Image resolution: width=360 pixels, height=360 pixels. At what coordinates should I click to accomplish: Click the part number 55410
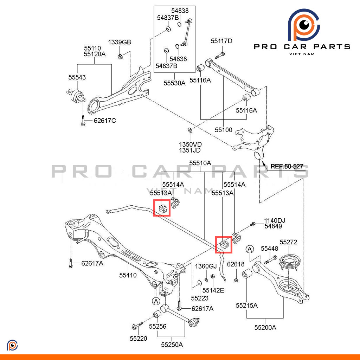[x=128, y=275]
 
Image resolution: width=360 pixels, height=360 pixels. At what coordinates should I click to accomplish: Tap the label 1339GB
[x=119, y=42]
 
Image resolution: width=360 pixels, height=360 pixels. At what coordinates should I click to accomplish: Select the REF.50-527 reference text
[x=287, y=166]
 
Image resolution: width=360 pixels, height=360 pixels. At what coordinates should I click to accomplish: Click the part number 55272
[x=288, y=242]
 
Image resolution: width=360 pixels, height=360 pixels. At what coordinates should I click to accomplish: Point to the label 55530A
[x=174, y=83]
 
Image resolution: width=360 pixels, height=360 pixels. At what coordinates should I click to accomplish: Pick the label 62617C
[x=105, y=121]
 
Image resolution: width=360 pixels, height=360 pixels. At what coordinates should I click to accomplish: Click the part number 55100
[x=224, y=130]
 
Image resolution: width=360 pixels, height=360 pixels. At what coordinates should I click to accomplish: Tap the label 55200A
[x=265, y=328]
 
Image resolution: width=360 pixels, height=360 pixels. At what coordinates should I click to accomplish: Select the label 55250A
[x=172, y=345]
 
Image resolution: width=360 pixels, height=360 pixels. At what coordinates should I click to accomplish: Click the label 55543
[x=77, y=77]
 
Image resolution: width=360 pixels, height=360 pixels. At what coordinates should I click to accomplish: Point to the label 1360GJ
[x=206, y=266]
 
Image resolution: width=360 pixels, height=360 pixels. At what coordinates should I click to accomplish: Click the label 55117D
[x=221, y=41]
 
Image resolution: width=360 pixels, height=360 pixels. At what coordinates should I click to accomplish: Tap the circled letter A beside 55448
[x=250, y=249]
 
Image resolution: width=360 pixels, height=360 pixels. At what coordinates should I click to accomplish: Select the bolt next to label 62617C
[x=83, y=121]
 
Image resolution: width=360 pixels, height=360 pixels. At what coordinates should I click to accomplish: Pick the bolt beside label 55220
[x=137, y=325]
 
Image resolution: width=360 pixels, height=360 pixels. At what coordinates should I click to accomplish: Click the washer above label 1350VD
[x=190, y=130]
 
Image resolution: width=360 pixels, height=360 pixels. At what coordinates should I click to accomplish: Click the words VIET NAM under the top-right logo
[x=302, y=54]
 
